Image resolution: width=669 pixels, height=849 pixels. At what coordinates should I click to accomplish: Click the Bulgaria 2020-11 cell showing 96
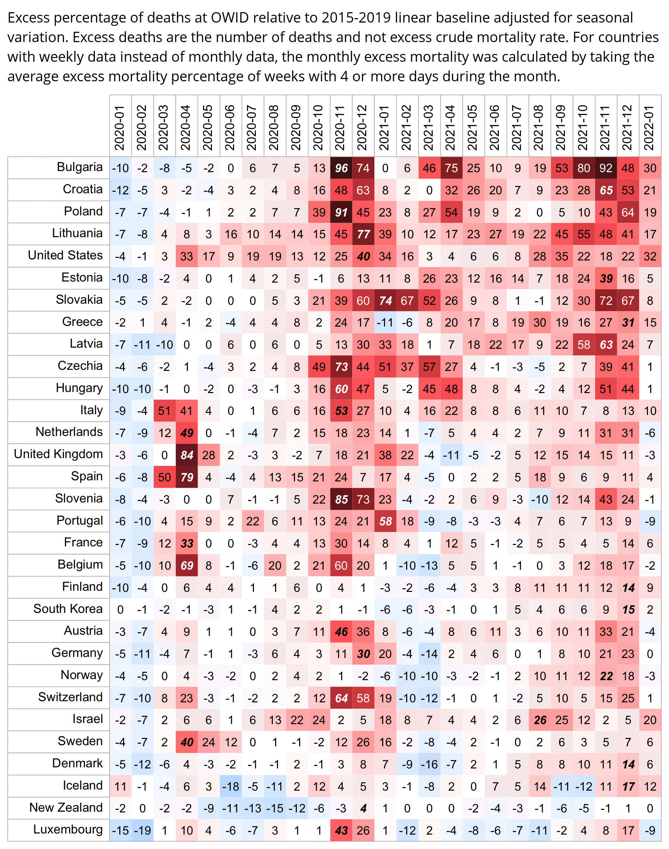click(341, 168)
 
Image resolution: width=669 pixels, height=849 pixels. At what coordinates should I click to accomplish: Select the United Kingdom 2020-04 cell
click(187, 455)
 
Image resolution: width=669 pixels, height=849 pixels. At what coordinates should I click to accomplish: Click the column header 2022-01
click(650, 127)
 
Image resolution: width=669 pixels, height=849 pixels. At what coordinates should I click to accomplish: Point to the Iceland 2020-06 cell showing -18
click(231, 786)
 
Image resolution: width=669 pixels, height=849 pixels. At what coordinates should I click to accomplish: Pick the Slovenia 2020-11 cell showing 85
click(341, 499)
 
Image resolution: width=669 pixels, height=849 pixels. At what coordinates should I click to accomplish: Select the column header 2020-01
click(120, 127)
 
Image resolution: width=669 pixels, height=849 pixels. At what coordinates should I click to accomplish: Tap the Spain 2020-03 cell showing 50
click(165, 477)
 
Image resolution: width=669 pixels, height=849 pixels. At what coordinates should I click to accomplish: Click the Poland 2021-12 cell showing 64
click(628, 212)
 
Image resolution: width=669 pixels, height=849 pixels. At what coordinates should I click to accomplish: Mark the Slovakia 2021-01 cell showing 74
click(385, 301)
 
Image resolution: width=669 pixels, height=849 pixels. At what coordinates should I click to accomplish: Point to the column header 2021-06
click(495, 127)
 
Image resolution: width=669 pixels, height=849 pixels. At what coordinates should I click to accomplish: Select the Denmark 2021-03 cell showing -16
click(429, 764)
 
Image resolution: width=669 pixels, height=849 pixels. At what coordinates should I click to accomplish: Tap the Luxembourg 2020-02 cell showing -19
click(142, 831)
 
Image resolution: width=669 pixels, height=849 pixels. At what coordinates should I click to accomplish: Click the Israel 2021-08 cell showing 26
click(540, 720)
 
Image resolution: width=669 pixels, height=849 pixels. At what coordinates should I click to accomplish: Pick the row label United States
click(65, 255)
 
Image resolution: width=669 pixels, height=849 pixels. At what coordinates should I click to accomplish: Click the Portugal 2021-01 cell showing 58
click(385, 521)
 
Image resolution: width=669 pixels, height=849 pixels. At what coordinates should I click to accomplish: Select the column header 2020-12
click(363, 127)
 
